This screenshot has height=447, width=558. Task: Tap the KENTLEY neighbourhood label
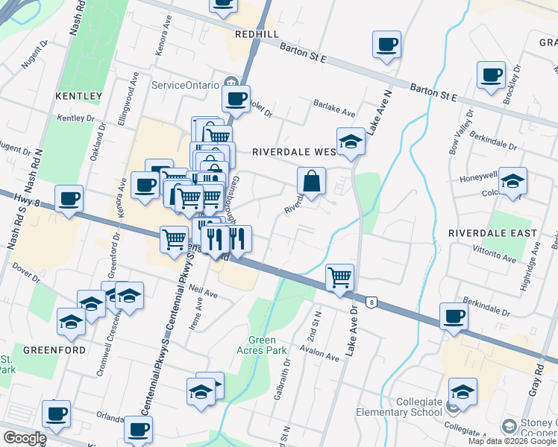tap(78, 96)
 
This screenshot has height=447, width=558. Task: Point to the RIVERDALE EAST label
tap(492, 233)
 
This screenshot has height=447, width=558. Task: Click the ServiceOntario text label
tap(187, 85)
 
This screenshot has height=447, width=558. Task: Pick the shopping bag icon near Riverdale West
tap(311, 180)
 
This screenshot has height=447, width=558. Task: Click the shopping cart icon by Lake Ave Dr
tap(340, 277)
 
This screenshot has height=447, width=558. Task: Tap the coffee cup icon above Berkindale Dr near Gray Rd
tap(453, 316)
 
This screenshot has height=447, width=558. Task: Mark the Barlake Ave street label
tap(333, 109)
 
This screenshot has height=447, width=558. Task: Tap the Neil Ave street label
tap(203, 291)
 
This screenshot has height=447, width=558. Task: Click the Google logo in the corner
tap(25, 437)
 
